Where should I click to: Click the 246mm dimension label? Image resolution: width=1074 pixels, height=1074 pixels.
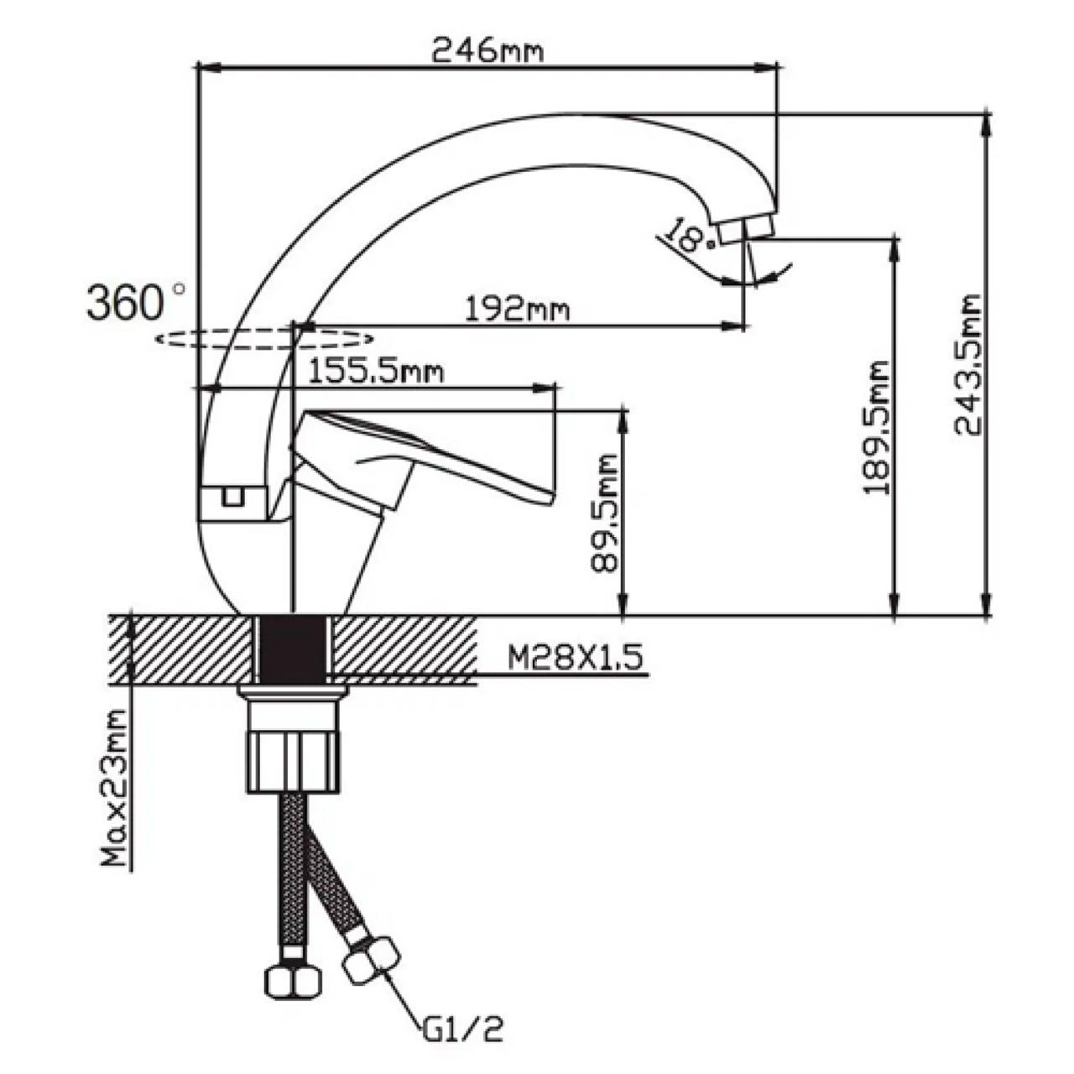pyautogui.click(x=487, y=52)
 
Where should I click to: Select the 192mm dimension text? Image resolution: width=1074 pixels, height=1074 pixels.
pyautogui.click(x=518, y=310)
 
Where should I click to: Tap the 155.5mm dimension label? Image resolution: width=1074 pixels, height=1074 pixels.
pyautogui.click(x=375, y=370)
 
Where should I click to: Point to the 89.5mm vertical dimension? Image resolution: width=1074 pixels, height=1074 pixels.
pyautogui.click(x=603, y=513)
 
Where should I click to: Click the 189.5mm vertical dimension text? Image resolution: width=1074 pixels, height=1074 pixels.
pyautogui.click(x=878, y=428)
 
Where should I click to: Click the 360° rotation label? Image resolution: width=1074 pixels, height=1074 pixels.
pyautogui.click(x=134, y=302)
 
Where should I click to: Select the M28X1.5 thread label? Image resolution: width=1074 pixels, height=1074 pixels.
pyautogui.click(x=576, y=658)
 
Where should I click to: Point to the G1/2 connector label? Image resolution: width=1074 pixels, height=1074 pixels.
pyautogui.click(x=462, y=1029)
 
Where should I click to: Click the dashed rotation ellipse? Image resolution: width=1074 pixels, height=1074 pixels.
pyautogui.click(x=262, y=339)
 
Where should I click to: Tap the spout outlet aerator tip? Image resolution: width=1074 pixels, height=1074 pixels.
pyautogui.click(x=745, y=229)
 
